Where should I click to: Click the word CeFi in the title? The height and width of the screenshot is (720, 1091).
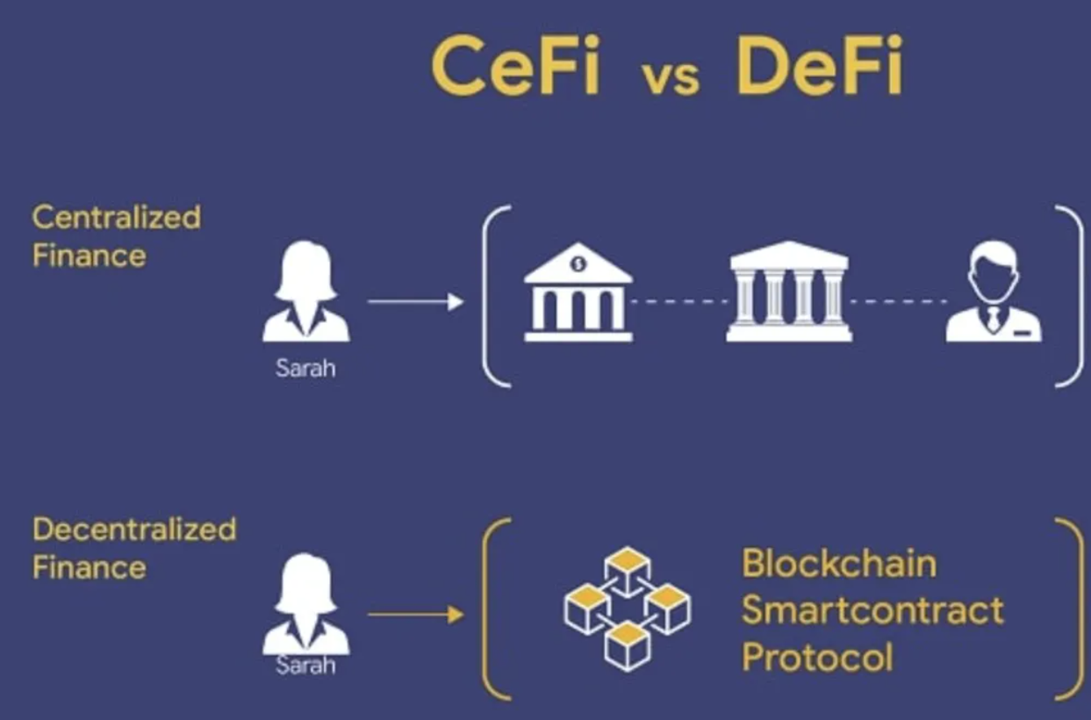(x=515, y=65)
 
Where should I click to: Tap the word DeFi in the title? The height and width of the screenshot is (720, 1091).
(x=819, y=65)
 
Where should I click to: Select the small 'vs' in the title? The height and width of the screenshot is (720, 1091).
(x=672, y=78)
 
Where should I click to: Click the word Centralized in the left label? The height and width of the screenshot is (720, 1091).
(x=117, y=217)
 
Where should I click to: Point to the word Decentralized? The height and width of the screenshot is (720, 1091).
(x=134, y=529)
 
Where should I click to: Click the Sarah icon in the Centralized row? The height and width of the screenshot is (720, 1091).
(x=305, y=291)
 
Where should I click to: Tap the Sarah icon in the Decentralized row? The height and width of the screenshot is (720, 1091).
(x=305, y=603)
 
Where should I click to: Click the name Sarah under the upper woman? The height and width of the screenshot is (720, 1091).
(x=305, y=368)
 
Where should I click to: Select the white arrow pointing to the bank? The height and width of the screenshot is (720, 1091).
(x=415, y=301)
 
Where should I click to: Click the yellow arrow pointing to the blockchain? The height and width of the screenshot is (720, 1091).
(x=415, y=615)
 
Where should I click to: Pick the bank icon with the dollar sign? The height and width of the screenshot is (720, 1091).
(x=578, y=292)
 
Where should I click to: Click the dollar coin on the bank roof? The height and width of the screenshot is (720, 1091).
(x=578, y=264)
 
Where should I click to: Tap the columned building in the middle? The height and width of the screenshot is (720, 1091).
(x=789, y=292)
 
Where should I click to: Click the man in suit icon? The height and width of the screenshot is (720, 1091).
(x=994, y=291)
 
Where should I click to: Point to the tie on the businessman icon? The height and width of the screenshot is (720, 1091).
(x=993, y=319)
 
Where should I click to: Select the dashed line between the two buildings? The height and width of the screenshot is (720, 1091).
(x=680, y=301)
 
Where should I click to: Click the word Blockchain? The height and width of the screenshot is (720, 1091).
(x=839, y=564)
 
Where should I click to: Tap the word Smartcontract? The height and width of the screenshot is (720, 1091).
(x=872, y=610)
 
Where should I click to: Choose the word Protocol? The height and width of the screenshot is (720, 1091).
(x=818, y=657)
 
